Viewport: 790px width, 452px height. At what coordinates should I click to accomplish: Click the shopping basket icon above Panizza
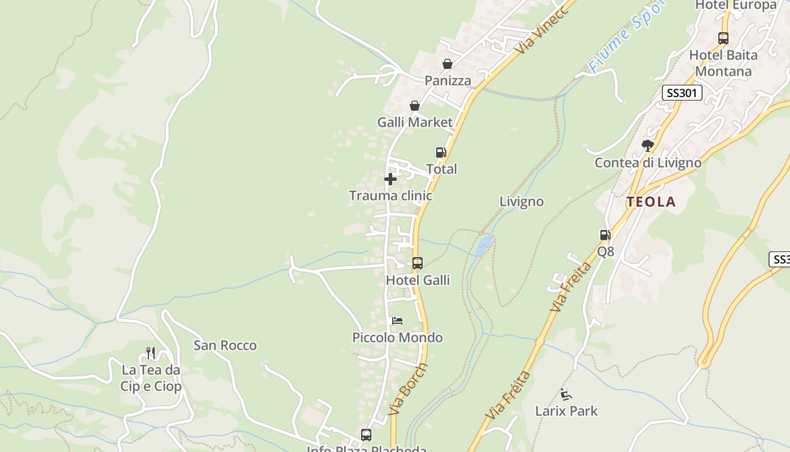[447, 64]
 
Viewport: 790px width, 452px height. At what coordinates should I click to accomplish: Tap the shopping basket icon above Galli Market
[415, 106]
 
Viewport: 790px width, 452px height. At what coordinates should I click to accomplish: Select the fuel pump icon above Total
[441, 152]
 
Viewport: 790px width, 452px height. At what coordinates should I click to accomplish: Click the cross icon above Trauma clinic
[390, 179]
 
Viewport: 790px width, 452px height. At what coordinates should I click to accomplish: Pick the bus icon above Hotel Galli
[418, 263]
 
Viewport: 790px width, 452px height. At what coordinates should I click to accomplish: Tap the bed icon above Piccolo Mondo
[397, 321]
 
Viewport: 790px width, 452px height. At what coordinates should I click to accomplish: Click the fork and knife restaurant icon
[151, 353]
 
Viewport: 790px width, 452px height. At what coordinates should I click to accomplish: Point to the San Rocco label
[225, 345]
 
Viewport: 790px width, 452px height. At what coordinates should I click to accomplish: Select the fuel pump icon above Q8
[605, 235]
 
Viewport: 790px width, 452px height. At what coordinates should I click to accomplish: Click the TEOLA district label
[651, 202]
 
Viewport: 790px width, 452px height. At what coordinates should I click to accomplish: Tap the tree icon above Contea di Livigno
[648, 146]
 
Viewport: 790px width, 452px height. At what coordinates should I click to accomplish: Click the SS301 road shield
[682, 93]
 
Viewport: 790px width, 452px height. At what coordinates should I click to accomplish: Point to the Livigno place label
[521, 201]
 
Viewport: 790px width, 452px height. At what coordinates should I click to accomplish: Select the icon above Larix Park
[566, 394]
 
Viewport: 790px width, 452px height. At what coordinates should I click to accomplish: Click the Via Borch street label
[409, 389]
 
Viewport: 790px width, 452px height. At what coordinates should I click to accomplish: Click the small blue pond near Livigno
[484, 245]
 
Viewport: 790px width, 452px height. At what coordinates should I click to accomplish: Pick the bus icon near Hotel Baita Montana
[723, 38]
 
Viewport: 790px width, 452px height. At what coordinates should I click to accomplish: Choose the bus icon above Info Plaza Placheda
[366, 435]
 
